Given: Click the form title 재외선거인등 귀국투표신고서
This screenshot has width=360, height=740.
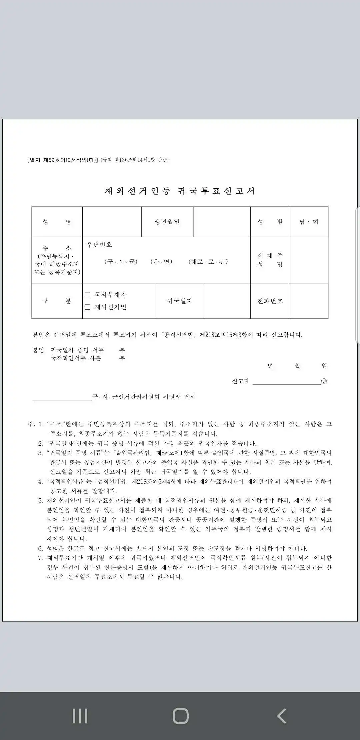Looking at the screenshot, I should coord(180,191).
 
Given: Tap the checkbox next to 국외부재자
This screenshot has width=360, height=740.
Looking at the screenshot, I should coord(88,295).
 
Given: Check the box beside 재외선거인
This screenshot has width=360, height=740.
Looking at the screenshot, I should coord(88,307).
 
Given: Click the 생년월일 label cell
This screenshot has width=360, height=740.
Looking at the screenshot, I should coord(167,222).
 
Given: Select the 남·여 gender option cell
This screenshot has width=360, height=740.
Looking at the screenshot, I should coord(309,222).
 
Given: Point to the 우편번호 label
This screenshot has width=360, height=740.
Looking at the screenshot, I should coord(99,245).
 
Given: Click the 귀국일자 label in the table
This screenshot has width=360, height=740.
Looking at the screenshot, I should coord(180,301).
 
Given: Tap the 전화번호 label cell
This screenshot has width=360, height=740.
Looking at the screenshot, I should coord(270,301).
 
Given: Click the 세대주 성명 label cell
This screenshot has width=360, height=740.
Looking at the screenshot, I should coord(270,260).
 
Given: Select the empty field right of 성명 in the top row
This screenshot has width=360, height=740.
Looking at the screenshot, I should coord(112,222).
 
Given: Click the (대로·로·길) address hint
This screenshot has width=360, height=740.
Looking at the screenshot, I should coord(208,262).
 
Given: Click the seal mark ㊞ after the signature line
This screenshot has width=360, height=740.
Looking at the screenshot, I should coord(324,381).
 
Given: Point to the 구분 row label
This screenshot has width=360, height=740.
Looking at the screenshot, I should coord(57,301).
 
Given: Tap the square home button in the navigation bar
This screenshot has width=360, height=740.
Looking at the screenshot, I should coord(180,716).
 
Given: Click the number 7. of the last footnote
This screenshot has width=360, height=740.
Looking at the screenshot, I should coord(40,558).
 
